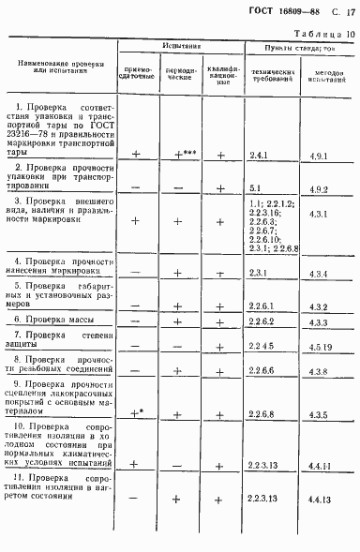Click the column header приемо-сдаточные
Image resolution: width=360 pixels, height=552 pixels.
[x=137, y=73]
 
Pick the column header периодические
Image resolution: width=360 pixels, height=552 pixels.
[x=178, y=73]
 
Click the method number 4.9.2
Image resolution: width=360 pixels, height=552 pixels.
[x=318, y=188]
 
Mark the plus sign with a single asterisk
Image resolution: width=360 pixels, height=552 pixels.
[x=138, y=412]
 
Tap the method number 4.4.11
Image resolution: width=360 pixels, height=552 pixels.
[x=320, y=464]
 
